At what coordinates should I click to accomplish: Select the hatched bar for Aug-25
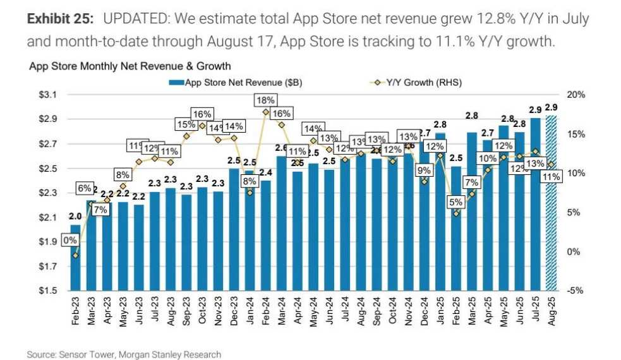[x=551, y=202]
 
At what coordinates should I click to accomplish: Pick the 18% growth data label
[x=265, y=100]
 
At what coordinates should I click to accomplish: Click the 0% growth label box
[x=69, y=241]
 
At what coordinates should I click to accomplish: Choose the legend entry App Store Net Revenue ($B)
[x=230, y=82]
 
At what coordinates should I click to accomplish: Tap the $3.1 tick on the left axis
[x=48, y=95]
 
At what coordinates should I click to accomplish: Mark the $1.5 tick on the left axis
[x=48, y=291]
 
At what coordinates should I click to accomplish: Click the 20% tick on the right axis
[x=578, y=95]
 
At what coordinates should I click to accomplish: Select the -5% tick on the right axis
[x=578, y=291]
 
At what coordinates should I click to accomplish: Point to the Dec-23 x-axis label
[x=234, y=309]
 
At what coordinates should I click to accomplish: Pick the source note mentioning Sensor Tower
[x=124, y=354]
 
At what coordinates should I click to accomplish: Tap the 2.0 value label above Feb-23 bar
[x=75, y=217]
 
